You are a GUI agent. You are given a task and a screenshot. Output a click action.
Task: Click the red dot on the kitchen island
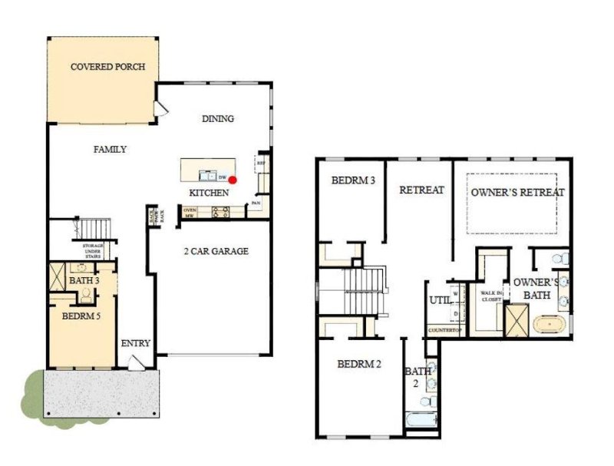233,180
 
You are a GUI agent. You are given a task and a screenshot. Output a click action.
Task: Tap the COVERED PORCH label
104,67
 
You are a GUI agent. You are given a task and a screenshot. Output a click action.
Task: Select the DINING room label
217,119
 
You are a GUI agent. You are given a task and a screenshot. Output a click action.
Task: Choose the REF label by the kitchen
261,163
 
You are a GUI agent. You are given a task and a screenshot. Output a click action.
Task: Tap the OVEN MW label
189,213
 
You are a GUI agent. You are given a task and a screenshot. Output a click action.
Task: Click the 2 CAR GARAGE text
216,251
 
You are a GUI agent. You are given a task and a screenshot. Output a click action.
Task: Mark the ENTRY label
136,343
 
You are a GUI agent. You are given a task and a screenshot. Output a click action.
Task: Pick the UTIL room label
439,300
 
